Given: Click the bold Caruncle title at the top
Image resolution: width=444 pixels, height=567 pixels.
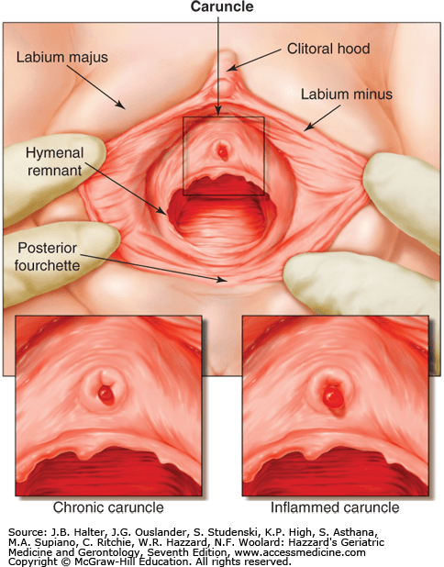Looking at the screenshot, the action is point(222,6).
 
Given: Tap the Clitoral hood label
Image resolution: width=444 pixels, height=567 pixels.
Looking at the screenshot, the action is point(328,49).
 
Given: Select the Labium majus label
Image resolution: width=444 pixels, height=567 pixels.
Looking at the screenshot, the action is point(62,58).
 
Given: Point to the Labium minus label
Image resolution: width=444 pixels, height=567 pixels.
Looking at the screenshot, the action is point(347,94).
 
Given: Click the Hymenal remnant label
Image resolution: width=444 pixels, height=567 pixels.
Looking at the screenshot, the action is point(55,161).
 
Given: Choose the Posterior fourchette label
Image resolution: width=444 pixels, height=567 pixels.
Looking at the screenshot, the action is point(47,256).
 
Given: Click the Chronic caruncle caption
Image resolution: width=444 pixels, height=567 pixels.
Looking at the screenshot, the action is point(108,507).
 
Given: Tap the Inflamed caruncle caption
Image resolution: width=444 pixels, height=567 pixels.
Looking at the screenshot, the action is point(335,507).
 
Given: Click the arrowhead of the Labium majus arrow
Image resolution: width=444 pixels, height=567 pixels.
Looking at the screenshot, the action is point(122,106).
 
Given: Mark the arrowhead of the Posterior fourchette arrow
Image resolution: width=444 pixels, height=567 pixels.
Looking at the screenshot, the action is point(221,280).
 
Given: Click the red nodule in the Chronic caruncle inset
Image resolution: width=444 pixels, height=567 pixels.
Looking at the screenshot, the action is point(105,395).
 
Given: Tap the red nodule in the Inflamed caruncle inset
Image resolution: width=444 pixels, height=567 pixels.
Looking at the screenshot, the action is point(333,397).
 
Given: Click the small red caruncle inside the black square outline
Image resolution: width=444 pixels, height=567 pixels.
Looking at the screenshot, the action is point(222,151).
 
